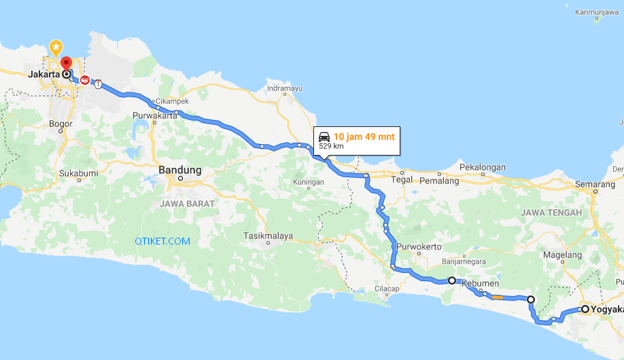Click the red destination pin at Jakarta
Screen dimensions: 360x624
(x=66, y=64)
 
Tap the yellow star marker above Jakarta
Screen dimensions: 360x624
(x=56, y=48)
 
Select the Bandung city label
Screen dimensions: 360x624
(x=179, y=170)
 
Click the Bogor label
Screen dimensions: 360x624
(x=61, y=124)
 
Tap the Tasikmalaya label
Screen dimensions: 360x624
(x=268, y=236)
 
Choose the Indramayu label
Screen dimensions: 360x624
(x=284, y=88)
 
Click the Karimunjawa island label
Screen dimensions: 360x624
(x=596, y=12)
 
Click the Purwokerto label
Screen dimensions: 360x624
(x=419, y=246)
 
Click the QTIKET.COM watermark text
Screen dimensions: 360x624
(x=162, y=241)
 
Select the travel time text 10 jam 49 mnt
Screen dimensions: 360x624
(x=364, y=136)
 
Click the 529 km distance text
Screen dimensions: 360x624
(x=331, y=146)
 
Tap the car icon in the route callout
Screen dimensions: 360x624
(x=324, y=136)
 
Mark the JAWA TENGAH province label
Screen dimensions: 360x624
(x=551, y=213)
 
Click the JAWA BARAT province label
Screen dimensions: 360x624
(x=187, y=203)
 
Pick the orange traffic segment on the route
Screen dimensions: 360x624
(x=497, y=297)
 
